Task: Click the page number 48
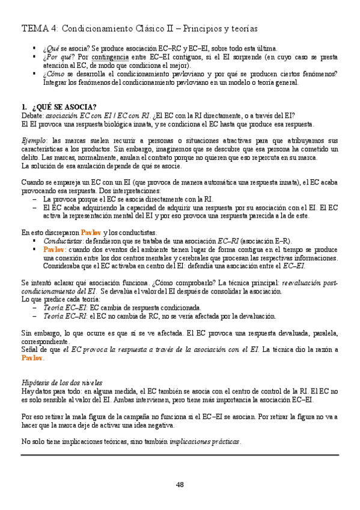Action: click(x=180, y=485)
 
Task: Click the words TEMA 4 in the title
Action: click(x=39, y=28)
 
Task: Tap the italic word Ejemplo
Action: click(x=33, y=140)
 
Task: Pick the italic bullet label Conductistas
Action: click(x=63, y=241)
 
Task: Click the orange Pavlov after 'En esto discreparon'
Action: click(x=90, y=232)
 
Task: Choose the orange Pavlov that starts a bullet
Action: click(x=53, y=249)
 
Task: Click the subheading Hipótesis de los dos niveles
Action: click(x=61, y=382)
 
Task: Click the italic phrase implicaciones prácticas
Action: click(x=205, y=441)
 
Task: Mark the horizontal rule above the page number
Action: click(x=180, y=455)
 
